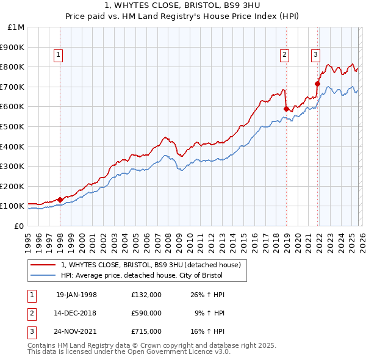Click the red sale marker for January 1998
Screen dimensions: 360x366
(x=60, y=200)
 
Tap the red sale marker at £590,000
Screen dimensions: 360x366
(x=286, y=109)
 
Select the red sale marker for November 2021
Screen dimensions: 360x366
(x=317, y=84)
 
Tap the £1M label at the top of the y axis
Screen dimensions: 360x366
(x=16, y=27)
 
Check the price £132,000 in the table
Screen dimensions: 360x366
(x=146, y=294)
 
